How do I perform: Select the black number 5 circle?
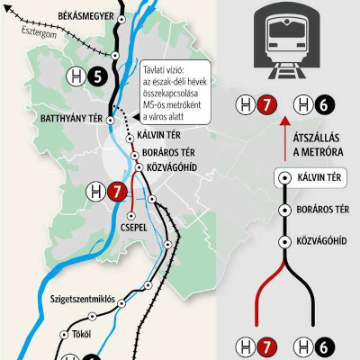[x=96, y=77]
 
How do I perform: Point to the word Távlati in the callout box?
[x=160, y=67]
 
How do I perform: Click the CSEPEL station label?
[x=133, y=229]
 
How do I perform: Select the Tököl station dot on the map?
[x=65, y=334]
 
